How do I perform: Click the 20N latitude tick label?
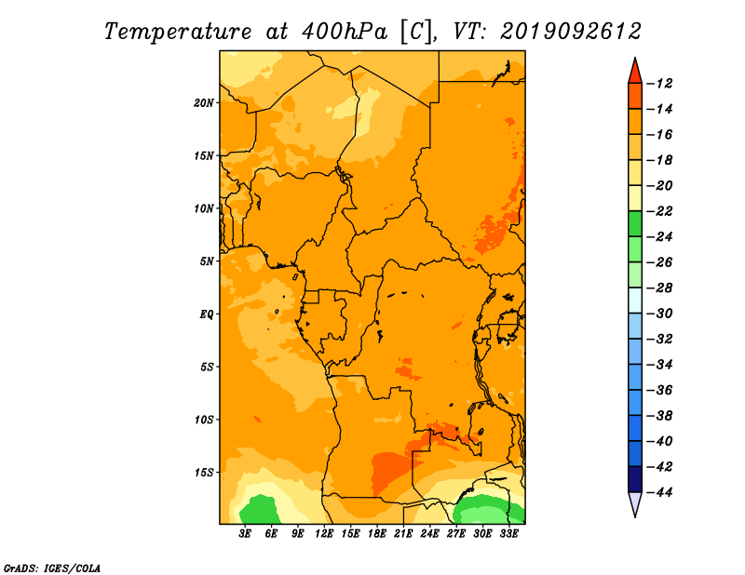pyautogui.click(x=204, y=102)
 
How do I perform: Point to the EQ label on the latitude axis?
pyautogui.click(x=206, y=314)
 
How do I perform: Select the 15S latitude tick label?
pyautogui.click(x=204, y=473)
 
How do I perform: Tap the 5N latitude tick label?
pyautogui.click(x=207, y=261)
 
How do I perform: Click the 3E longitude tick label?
pyautogui.click(x=245, y=533)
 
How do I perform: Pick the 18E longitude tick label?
pyautogui.click(x=377, y=533)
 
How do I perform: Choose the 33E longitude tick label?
pyautogui.click(x=508, y=533)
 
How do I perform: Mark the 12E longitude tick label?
pyautogui.click(x=324, y=533)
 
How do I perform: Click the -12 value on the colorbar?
pyautogui.click(x=659, y=84)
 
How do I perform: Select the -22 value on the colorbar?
pyautogui.click(x=659, y=211)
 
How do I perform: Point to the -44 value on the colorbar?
pyautogui.click(x=659, y=492)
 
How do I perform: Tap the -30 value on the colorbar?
pyautogui.click(x=659, y=314)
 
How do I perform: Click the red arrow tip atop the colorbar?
pyautogui.click(x=635, y=58)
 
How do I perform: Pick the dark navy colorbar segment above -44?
pyautogui.click(x=635, y=479)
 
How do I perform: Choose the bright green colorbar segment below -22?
pyautogui.click(x=635, y=223)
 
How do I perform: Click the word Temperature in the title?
pyautogui.click(x=178, y=32)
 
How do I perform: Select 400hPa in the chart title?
pyautogui.click(x=344, y=32)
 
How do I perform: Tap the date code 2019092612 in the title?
pyautogui.click(x=570, y=32)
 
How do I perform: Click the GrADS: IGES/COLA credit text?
pyautogui.click(x=52, y=568)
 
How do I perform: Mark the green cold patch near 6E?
pyautogui.click(x=258, y=510)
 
